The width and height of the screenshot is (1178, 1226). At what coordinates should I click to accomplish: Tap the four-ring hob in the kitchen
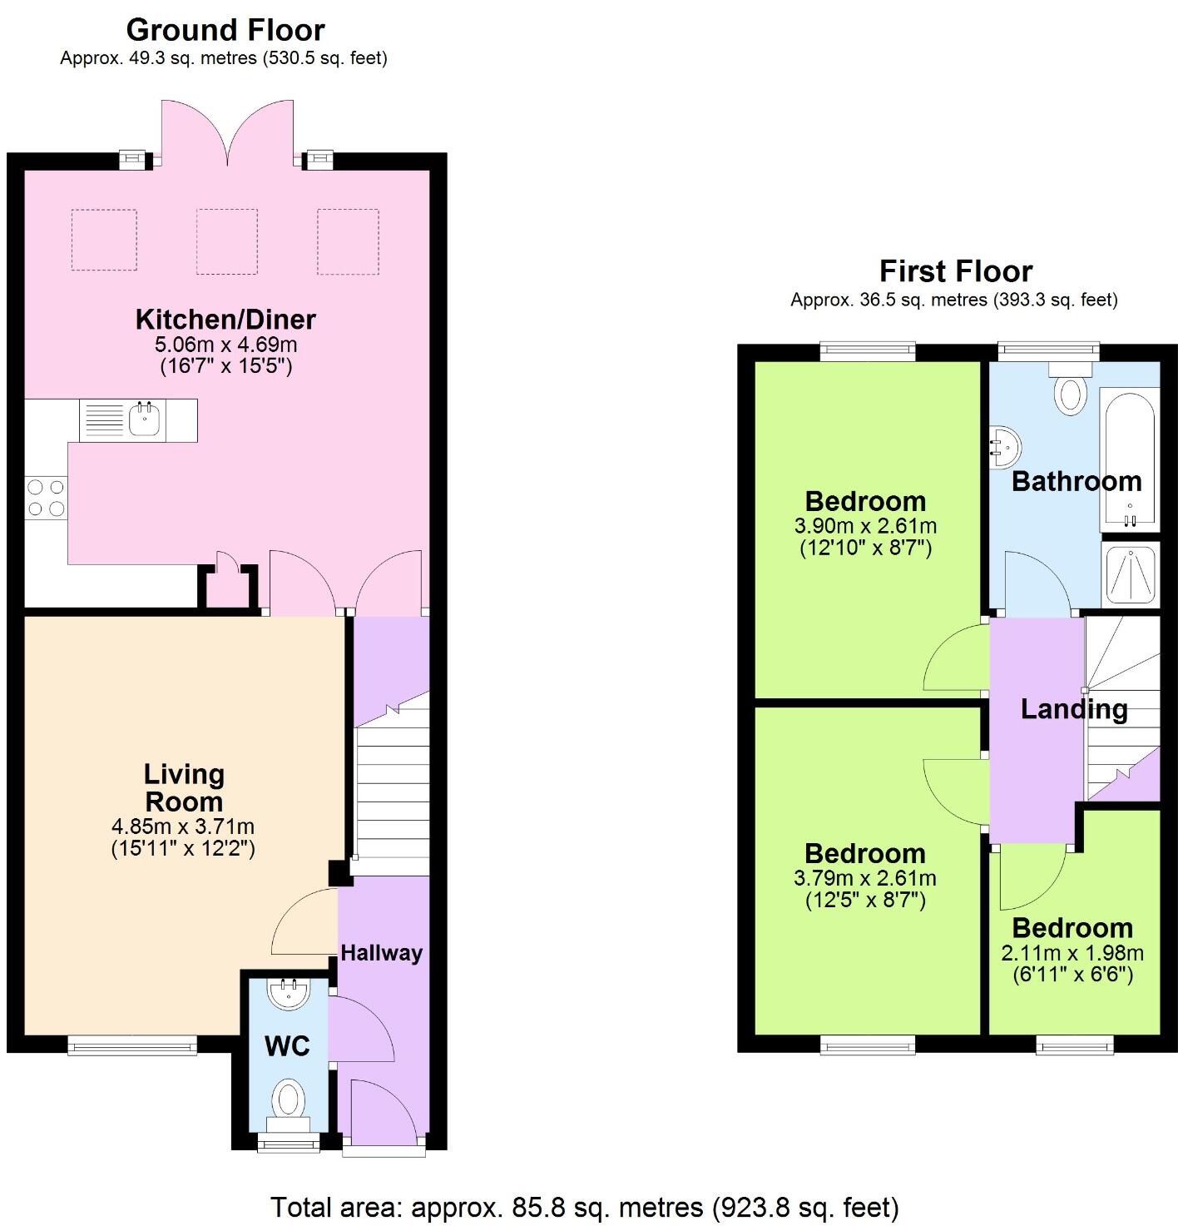pyautogui.click(x=47, y=498)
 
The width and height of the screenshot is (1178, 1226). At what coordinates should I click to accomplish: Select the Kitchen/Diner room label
pyautogui.click(x=225, y=320)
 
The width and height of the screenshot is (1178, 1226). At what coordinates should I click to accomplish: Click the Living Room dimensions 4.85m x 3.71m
pyautogui.click(x=183, y=826)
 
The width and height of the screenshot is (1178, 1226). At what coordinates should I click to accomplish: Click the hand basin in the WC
pyautogui.click(x=288, y=994)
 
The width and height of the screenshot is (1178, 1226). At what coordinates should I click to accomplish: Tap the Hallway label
pyautogui.click(x=381, y=953)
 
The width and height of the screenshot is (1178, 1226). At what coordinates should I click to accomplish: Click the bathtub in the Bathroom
pyautogui.click(x=1128, y=462)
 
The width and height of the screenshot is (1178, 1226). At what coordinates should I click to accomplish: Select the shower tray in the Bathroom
pyautogui.click(x=1129, y=573)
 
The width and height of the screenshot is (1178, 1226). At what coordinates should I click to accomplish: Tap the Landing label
pyautogui.click(x=1074, y=709)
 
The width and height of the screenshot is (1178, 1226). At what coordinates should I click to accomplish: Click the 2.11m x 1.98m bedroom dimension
pyautogui.click(x=1072, y=953)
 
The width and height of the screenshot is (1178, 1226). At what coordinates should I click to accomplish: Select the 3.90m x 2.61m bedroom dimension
pyautogui.click(x=865, y=526)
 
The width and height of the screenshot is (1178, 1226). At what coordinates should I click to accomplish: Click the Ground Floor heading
pyautogui.click(x=225, y=30)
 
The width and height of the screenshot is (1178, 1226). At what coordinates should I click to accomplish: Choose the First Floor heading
pyautogui.click(x=956, y=271)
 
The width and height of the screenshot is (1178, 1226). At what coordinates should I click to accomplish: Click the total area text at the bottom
pyautogui.click(x=584, y=1206)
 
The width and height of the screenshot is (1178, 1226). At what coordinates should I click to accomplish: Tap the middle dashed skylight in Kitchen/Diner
pyautogui.click(x=227, y=241)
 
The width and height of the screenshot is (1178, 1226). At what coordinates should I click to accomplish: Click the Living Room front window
pyautogui.click(x=132, y=1045)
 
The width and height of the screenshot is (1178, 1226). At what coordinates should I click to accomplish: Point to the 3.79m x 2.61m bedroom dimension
pyautogui.click(x=865, y=878)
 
